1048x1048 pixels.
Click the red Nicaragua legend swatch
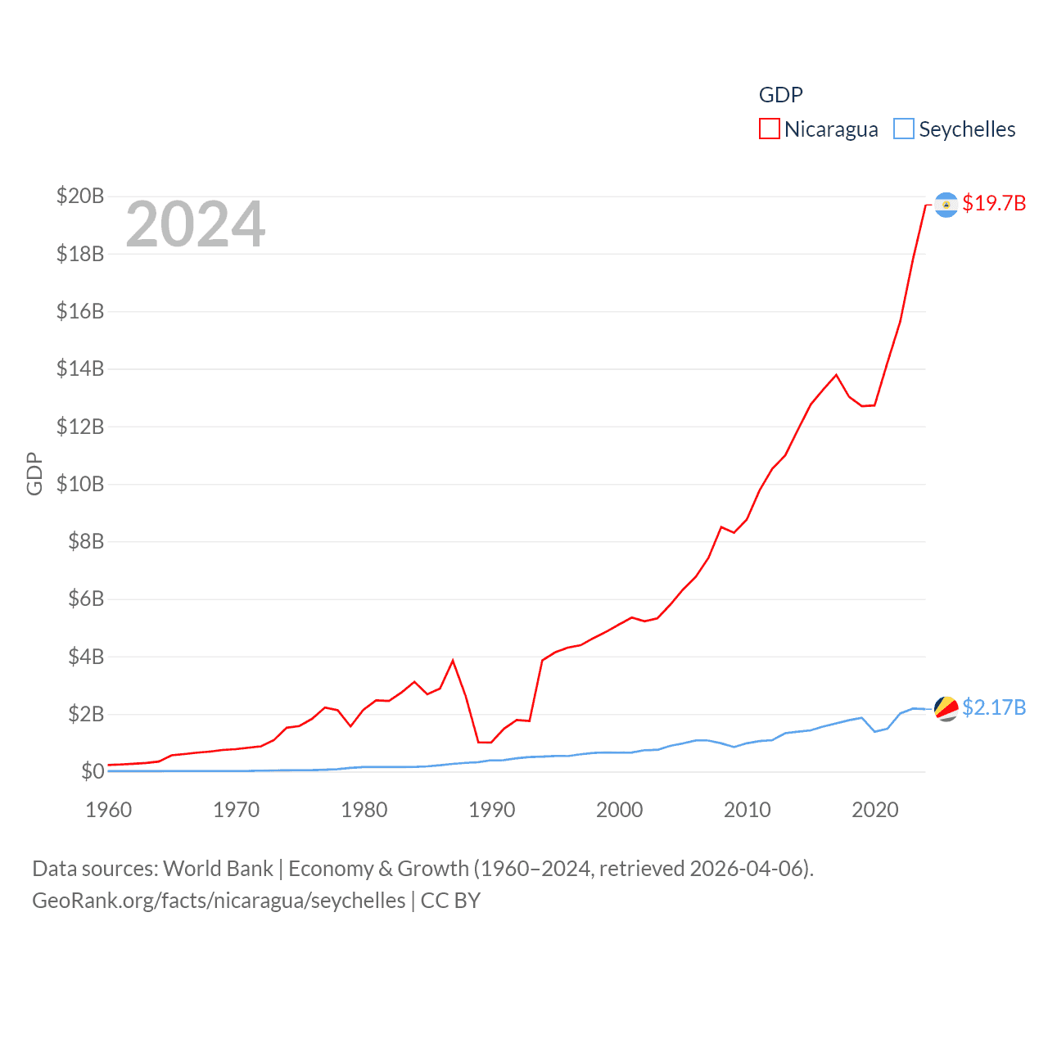coord(769,129)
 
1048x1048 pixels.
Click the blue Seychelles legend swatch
coord(903,129)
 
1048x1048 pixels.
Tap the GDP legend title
coord(780,95)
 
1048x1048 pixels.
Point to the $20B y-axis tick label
coord(80,196)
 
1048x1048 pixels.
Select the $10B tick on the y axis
coord(80,484)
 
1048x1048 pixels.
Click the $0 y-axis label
coord(92,771)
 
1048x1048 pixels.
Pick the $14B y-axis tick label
coord(80,368)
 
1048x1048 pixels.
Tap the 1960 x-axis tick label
coord(108,810)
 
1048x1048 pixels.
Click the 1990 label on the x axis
coord(491,810)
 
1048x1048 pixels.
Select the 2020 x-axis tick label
coord(874,810)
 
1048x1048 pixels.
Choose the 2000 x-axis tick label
coord(619,810)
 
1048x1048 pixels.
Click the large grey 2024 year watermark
coord(195,224)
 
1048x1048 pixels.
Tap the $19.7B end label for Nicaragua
coord(993,203)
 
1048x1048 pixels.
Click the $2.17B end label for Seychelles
coord(993,707)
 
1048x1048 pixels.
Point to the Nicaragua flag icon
coord(946,204)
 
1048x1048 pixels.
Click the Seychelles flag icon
coord(946,708)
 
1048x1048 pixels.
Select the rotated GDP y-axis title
coord(34,473)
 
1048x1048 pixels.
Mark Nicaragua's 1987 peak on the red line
coord(453,661)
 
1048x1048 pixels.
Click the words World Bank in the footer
coord(218,869)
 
